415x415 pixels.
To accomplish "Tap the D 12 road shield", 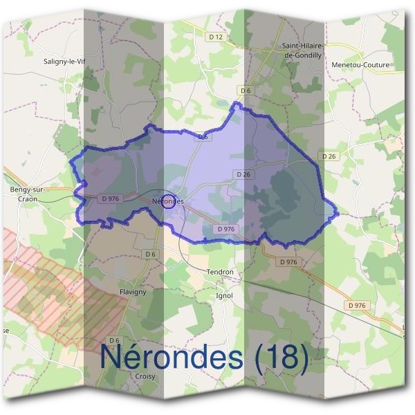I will pyautogui.click(x=216, y=36).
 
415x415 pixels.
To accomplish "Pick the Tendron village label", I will pyautogui.click(x=220, y=272).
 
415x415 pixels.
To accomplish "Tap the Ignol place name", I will pyautogui.click(x=225, y=295).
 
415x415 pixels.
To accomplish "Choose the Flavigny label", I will pyautogui.click(x=133, y=291).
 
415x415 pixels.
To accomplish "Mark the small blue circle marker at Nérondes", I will pyautogui.click(x=167, y=201).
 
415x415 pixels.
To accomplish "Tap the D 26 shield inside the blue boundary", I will pyautogui.click(x=243, y=174).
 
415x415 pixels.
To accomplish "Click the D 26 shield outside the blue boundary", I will pyautogui.click(x=329, y=156).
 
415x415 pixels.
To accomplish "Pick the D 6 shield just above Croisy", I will pyautogui.click(x=115, y=340).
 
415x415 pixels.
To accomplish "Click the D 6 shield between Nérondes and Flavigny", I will pyautogui.click(x=151, y=254).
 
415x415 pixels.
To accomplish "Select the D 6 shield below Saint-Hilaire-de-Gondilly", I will pyautogui.click(x=245, y=91).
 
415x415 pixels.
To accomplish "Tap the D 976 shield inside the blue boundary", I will pyautogui.click(x=226, y=229).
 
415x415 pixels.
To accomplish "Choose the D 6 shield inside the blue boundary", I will pyautogui.click(x=203, y=137).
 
